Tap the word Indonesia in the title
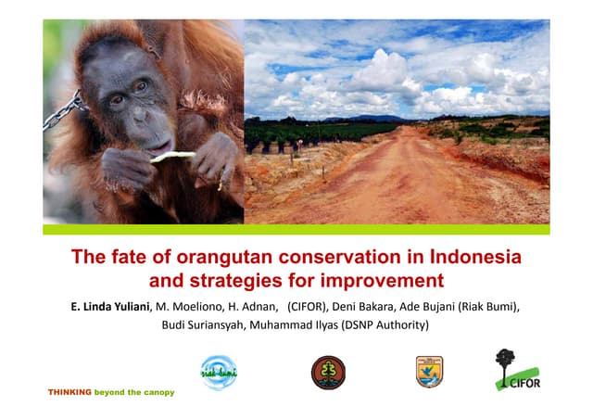(466, 256)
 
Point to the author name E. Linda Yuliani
(103, 305)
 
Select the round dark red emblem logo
(327, 372)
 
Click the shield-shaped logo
(429, 371)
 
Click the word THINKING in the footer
(70, 392)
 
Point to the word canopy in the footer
(157, 392)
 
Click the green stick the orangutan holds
(173, 157)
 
